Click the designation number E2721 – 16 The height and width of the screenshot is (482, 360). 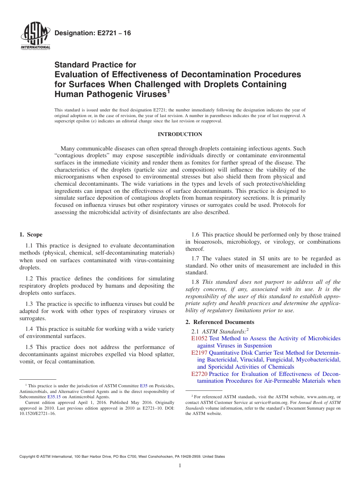[x=93, y=33]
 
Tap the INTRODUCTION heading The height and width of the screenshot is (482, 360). [x=180, y=134]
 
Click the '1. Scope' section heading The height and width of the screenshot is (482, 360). [x=31, y=235]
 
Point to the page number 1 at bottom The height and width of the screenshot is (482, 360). [x=180, y=466]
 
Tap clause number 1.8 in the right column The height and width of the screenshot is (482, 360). [x=196, y=282]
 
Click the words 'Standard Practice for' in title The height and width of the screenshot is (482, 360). [x=95, y=65]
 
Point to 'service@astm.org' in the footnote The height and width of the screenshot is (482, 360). [x=262, y=402]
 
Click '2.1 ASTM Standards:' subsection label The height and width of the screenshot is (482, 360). [x=220, y=331]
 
